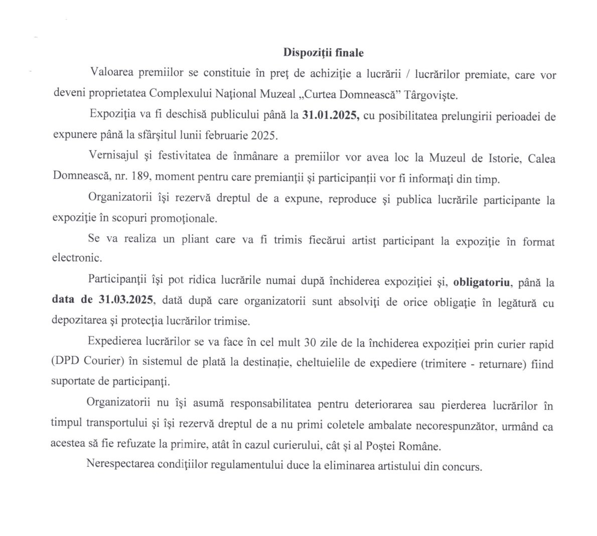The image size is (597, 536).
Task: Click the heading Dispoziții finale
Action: (324, 52)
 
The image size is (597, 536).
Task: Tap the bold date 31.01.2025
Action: (330, 116)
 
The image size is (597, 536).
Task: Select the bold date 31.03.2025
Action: (127, 300)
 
